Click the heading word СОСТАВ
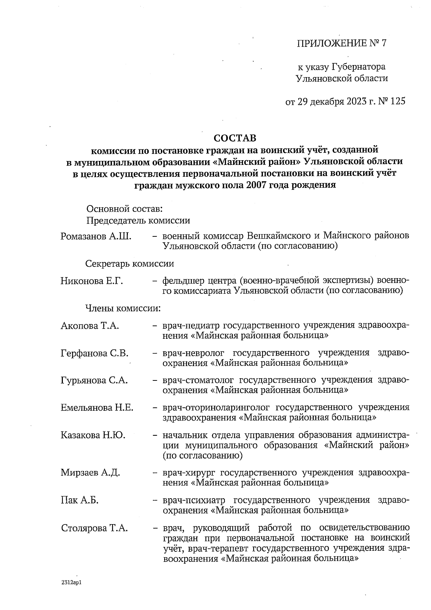235,138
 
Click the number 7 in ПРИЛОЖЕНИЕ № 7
384,43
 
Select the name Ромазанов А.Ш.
96,236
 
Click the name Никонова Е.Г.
92,281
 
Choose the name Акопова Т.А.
90,326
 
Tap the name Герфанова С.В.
95,353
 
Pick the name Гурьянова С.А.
94,380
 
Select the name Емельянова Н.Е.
97,408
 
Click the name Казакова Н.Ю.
93,435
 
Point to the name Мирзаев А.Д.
90,473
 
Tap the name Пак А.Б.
80,500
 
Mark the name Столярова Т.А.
94,528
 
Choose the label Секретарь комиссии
130,264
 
